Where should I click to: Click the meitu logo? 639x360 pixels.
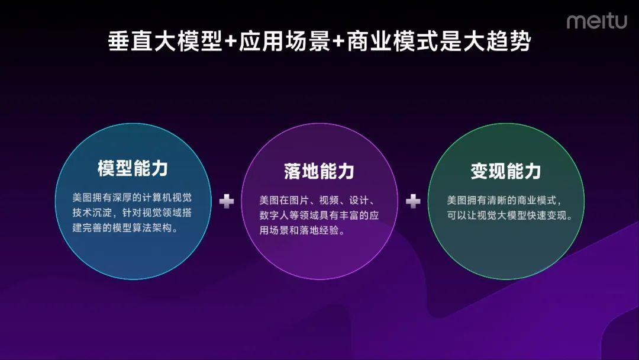[x=596, y=21]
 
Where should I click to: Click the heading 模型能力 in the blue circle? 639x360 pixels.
[x=133, y=168]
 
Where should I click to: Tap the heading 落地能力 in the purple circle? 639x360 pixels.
[x=319, y=171]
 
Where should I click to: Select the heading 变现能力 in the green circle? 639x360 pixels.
[x=506, y=171]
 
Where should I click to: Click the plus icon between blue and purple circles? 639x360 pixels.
[x=227, y=201]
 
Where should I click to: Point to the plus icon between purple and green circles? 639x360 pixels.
[x=413, y=201]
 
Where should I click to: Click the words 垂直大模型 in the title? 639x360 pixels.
[x=165, y=41]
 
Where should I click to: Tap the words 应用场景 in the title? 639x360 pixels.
[x=284, y=41]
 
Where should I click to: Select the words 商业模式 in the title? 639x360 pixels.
[x=392, y=41]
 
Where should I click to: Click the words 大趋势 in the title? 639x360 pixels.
[x=497, y=41]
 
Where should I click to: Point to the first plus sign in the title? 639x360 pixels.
[x=231, y=42]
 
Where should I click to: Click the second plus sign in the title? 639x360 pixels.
[x=338, y=42]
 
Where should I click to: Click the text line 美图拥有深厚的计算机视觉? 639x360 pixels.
[x=132, y=198]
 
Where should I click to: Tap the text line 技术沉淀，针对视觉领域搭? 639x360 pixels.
[x=132, y=213]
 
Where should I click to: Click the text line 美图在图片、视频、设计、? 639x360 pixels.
[x=317, y=200]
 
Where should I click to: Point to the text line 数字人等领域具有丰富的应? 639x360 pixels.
[x=319, y=216]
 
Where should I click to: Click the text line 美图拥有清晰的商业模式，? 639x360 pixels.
[x=504, y=200]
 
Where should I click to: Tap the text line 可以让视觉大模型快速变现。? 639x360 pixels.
[x=509, y=216]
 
